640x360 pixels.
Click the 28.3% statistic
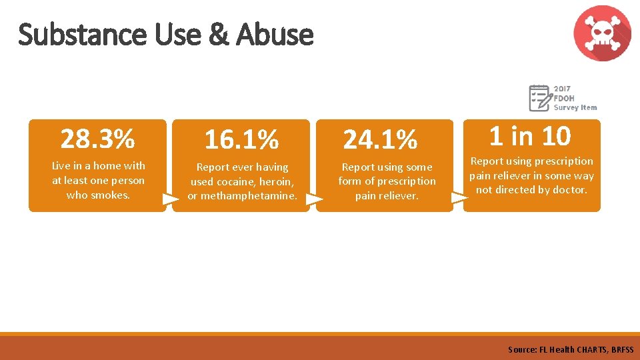coord(97,139)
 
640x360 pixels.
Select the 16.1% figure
coord(241,140)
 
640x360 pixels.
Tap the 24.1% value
coord(380,140)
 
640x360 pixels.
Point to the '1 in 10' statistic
coord(530,136)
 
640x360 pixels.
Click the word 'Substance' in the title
coord(84,35)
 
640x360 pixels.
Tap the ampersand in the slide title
coord(218,35)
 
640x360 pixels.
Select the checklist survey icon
coord(540,98)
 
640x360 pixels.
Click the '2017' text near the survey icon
coord(562,89)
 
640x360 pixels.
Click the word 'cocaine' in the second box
coord(229,181)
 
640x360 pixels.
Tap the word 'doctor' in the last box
coord(570,190)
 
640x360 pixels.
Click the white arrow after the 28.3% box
coord(171,198)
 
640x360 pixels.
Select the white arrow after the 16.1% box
coord(314,198)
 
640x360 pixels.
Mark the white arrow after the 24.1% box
coord(459,198)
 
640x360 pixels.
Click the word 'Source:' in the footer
coord(521,349)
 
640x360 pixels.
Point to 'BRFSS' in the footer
coord(621,349)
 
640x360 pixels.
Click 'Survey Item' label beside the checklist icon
coord(575,107)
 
